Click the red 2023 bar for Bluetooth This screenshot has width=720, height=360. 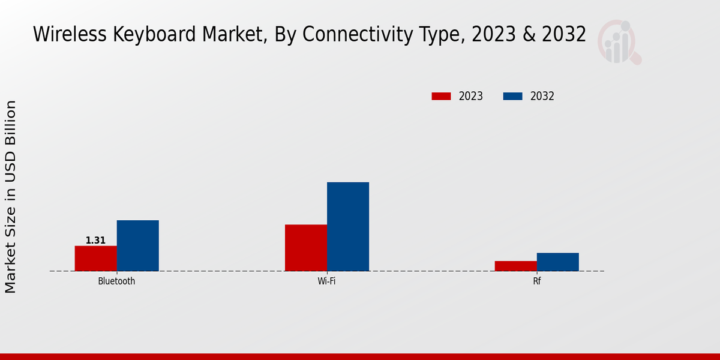95,258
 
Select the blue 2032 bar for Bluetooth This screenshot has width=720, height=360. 137,245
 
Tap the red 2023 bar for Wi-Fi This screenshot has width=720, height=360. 306,247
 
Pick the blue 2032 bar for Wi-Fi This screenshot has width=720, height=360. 348,226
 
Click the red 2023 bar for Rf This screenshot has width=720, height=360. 515,266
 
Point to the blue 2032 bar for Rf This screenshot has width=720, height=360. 557,262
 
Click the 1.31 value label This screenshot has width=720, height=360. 95,241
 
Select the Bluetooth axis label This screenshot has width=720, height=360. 116,281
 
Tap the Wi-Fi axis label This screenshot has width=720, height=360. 326,281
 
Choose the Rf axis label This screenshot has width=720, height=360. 536,281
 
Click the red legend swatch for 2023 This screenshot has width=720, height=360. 441,96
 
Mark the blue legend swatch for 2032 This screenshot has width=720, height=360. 512,96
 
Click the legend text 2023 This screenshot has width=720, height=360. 470,96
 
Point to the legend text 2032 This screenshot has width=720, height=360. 542,96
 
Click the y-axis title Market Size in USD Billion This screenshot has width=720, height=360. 11,197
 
